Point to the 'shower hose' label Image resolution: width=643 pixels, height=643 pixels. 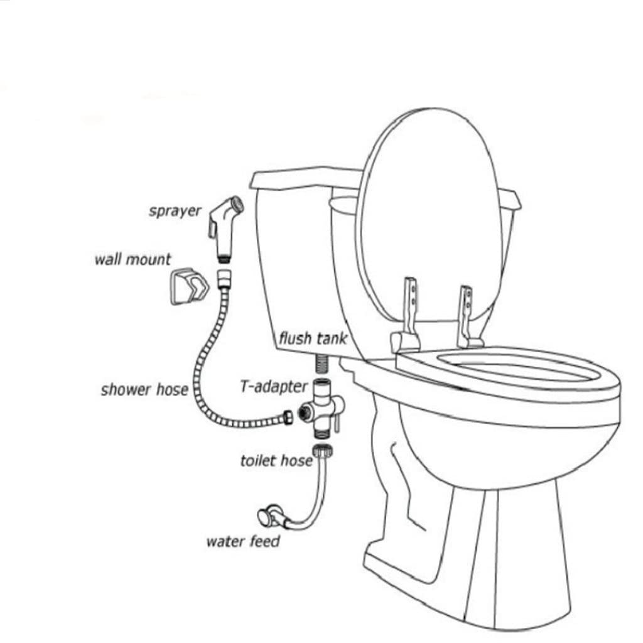coord(144,389)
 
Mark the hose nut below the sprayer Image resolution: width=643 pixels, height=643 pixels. coord(222,277)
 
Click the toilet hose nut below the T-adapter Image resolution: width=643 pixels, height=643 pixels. coord(324,451)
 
